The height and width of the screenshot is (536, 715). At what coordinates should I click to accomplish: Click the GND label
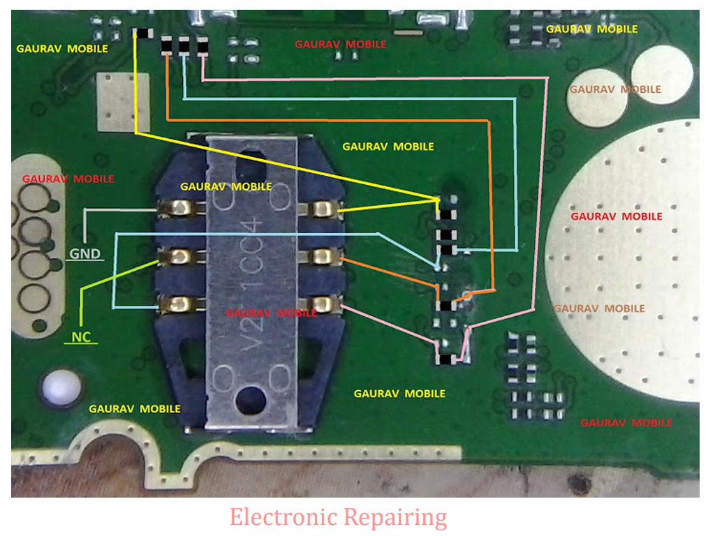pos(84,254)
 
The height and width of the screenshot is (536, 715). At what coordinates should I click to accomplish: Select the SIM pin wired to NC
pos(179,256)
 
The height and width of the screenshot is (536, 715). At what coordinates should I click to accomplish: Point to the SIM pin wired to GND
pos(180,207)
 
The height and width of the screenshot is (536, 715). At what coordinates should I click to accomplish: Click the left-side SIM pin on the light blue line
pos(179,304)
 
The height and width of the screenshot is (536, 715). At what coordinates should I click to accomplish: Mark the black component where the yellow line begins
pos(143,33)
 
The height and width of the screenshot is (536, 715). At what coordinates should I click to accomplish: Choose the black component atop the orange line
pos(168,47)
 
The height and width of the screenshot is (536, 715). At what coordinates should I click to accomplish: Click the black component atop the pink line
pos(202,47)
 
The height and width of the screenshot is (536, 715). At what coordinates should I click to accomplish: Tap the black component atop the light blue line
pos(185,47)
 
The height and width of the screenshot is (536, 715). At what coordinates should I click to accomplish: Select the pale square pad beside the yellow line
pos(124,102)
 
